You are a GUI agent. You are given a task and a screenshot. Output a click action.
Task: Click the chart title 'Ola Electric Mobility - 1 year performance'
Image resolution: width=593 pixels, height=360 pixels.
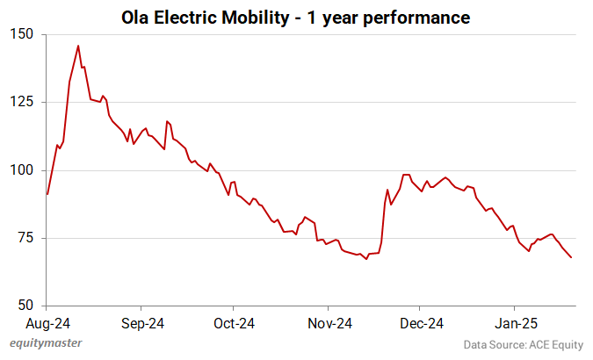point(296,17)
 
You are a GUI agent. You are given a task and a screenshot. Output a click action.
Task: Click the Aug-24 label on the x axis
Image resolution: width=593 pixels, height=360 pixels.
point(47,322)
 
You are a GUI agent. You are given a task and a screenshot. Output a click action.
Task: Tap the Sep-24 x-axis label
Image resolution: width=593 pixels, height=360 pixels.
point(141,322)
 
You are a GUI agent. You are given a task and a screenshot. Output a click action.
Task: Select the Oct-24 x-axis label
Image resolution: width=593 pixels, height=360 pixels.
point(234,322)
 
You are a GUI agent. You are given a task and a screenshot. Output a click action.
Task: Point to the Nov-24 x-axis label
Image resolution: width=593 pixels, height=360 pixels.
point(328,322)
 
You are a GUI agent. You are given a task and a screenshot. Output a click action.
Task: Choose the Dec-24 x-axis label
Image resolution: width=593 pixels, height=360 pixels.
point(421,322)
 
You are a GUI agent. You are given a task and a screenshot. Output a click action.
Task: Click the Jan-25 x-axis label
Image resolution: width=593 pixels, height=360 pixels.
point(515,322)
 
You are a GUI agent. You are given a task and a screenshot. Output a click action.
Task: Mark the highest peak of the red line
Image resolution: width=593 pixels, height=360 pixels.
point(78,46)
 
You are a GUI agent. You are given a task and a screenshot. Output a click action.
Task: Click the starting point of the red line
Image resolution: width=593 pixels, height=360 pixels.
point(47,194)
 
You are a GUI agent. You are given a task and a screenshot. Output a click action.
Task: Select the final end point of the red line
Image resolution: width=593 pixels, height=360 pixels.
point(572,257)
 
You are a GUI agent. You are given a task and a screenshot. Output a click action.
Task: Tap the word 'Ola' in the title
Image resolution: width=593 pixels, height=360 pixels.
point(137,17)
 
